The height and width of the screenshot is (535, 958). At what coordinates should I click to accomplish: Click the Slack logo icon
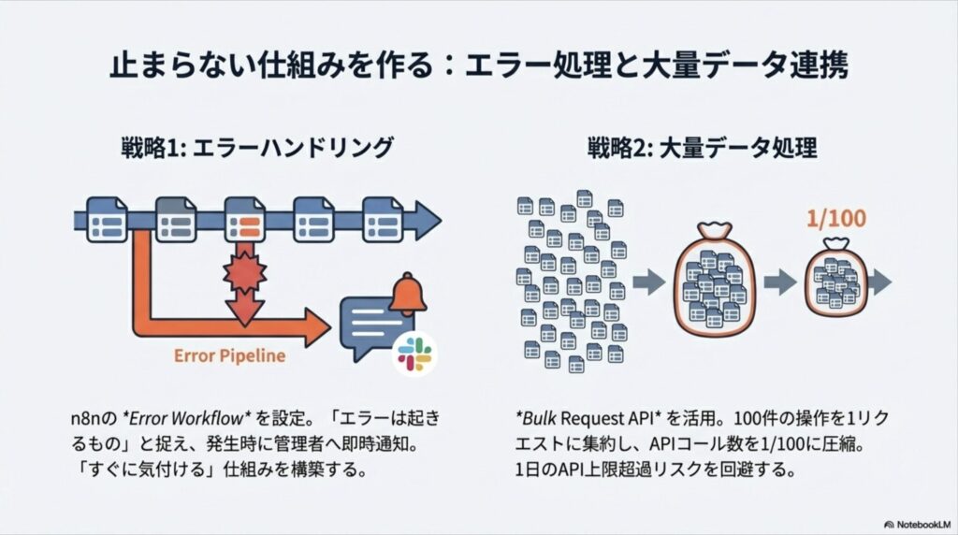click(414, 353)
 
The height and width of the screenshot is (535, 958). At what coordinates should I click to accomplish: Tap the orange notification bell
click(407, 293)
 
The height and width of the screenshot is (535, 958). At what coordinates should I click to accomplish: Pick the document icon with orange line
click(245, 220)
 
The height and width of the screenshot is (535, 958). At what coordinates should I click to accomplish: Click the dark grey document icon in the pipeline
click(175, 220)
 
